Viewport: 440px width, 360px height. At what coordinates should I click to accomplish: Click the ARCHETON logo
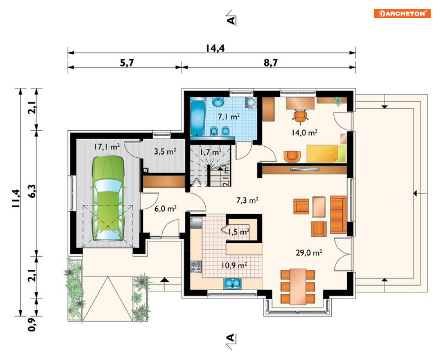[402, 13]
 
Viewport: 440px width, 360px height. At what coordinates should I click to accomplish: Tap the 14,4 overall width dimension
[215, 48]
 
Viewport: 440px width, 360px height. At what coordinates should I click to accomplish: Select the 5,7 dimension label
[127, 63]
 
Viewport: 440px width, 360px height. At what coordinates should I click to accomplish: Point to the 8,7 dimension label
[271, 62]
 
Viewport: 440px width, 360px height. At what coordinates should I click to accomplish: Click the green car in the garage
[108, 198]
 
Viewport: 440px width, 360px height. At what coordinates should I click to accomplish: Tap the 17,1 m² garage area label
[107, 146]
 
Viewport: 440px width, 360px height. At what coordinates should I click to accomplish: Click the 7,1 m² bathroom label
[229, 116]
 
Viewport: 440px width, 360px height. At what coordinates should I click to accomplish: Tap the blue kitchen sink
[232, 283]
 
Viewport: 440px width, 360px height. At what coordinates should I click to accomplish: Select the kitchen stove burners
[196, 267]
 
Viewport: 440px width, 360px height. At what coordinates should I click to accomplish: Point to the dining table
[298, 287]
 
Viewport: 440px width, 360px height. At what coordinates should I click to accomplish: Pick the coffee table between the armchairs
[319, 207]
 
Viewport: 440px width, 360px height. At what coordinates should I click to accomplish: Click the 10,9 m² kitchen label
[234, 265]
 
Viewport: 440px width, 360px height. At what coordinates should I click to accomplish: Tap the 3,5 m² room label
[165, 152]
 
